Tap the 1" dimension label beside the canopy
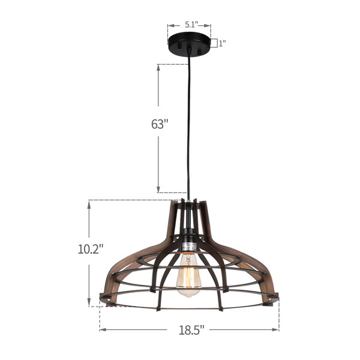pos(222,43)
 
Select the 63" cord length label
pos(160,124)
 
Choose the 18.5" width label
pos(191,330)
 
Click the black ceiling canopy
pos(189,43)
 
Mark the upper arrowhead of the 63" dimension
pos(158,68)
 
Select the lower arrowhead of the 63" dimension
pos(158,189)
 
